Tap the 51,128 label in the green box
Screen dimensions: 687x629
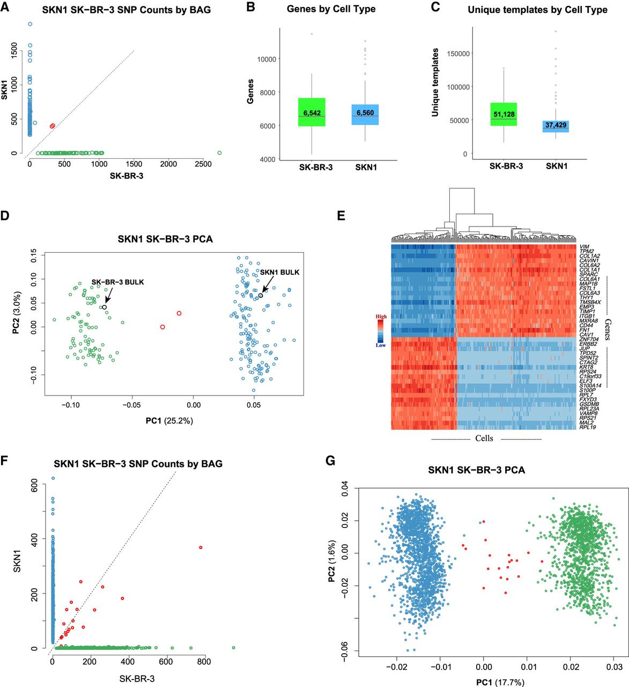pos(504,114)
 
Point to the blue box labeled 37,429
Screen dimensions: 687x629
pos(556,126)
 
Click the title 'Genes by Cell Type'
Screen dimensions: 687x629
pos(331,9)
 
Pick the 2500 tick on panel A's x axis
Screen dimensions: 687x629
pos(203,164)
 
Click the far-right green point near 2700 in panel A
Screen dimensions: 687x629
pos(219,153)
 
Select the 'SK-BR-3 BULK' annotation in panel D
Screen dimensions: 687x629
pos(117,282)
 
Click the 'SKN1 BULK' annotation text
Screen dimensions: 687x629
pos(280,272)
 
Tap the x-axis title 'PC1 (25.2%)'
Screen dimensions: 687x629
pos(169,421)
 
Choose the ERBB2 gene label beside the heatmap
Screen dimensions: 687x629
pos(588,344)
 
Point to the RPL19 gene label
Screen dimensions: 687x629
pos(587,427)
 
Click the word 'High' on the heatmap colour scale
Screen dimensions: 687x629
pos(381,317)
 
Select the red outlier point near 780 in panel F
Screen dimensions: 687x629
pos(201,547)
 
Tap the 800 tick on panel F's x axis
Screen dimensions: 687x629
pos(204,662)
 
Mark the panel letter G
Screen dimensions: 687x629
pos(330,461)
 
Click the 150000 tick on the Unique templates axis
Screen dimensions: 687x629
pos(455,54)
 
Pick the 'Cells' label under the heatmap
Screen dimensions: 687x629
pos(484,438)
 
